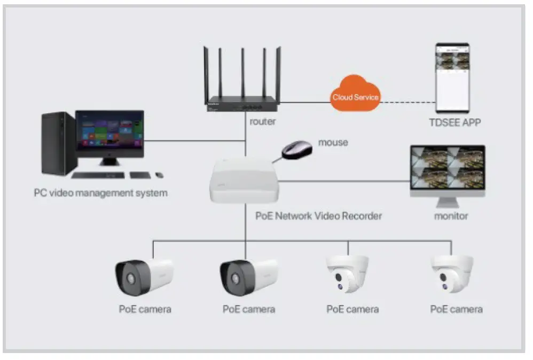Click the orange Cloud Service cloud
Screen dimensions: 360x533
point(355,97)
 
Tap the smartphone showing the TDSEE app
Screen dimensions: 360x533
point(452,78)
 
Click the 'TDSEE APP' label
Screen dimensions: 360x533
point(455,122)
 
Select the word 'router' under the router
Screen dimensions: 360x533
point(263,121)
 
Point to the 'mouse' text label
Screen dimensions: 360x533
point(333,143)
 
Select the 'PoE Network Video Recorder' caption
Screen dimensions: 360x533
point(318,216)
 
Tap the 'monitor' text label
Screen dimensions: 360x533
point(451,216)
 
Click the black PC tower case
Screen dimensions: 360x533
point(58,143)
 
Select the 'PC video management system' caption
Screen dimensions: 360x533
point(100,193)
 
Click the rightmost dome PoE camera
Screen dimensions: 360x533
point(453,273)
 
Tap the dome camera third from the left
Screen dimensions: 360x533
point(348,273)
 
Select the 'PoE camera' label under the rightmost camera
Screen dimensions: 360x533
point(456,309)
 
